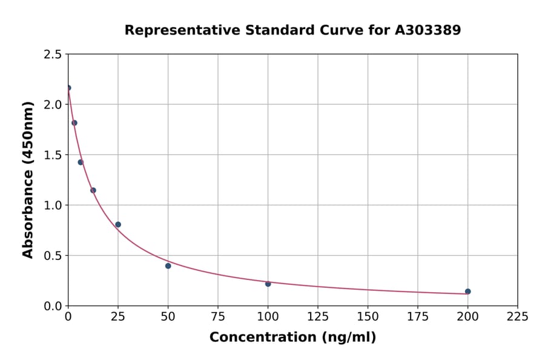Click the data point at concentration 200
(x=468, y=292)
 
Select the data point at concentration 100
(x=268, y=284)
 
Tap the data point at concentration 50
(x=168, y=266)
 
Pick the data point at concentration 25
(x=118, y=225)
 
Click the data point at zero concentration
(x=68, y=88)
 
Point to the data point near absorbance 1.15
(x=93, y=190)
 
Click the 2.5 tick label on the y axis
(x=53, y=55)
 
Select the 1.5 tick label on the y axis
(x=53, y=155)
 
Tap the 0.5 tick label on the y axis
(x=53, y=256)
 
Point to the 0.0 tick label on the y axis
(x=53, y=306)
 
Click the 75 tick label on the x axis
(x=218, y=317)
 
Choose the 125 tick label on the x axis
(x=318, y=317)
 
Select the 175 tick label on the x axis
(x=418, y=317)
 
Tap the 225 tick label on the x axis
(x=518, y=317)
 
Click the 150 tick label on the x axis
(x=368, y=317)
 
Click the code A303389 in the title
(x=428, y=30)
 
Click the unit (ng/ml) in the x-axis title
(x=349, y=338)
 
